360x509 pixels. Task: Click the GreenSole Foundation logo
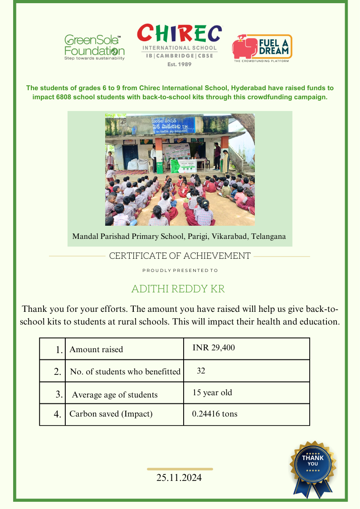tap(94, 47)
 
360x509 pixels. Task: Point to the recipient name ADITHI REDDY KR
tap(178, 289)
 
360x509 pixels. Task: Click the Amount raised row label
tap(96, 349)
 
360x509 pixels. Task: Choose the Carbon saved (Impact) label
tap(111, 414)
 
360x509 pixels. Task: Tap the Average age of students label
tap(115, 395)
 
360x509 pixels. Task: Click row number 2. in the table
tap(58, 372)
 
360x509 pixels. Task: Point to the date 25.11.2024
tap(179, 478)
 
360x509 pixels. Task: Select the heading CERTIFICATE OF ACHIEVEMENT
tap(180, 256)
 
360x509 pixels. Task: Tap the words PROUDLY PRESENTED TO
tap(180, 271)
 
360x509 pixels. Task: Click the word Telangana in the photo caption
tap(268, 237)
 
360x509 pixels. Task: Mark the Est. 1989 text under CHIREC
tap(180, 64)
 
